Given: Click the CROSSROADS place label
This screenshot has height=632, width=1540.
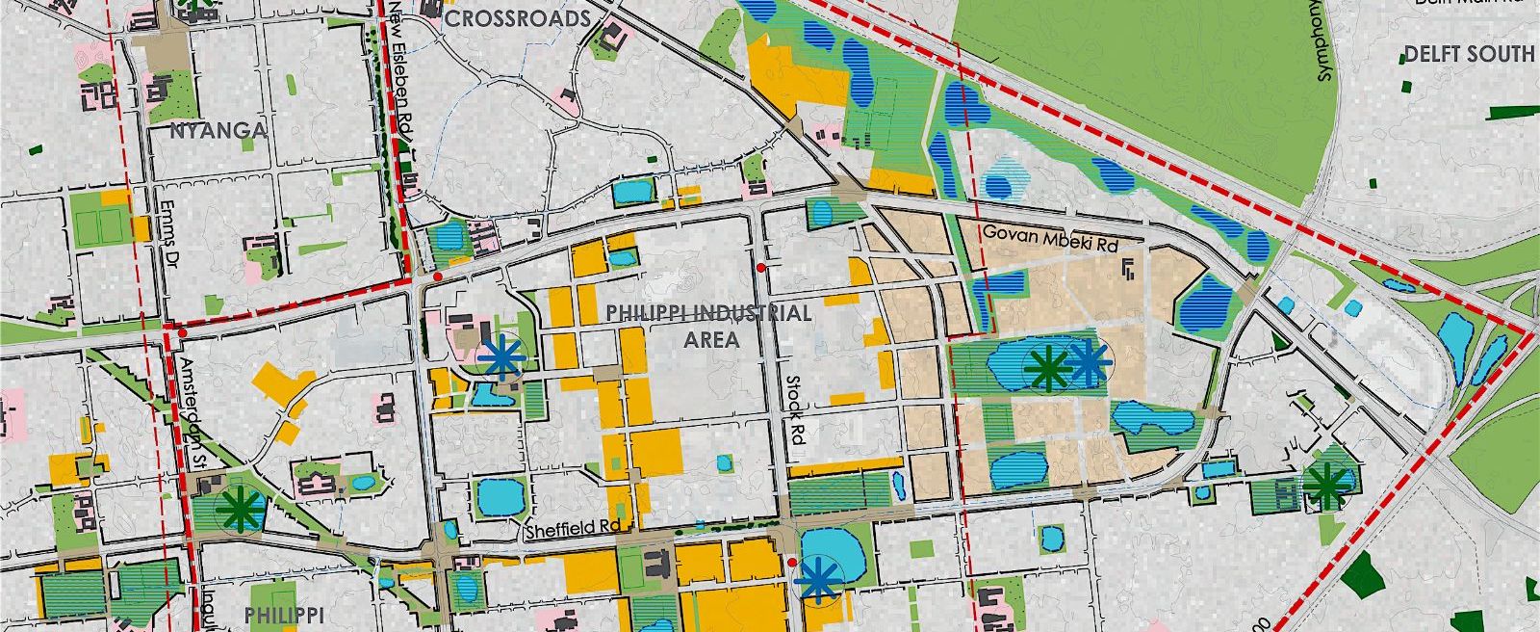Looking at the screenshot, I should click(x=517, y=18).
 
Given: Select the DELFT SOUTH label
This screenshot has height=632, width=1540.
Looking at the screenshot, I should click(x=1468, y=54).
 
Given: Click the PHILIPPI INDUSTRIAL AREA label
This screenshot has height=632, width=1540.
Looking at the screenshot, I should click(x=707, y=326).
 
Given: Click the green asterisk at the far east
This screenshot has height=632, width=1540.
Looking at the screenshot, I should click(x=1325, y=486).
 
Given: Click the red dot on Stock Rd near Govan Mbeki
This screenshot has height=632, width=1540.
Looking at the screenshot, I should click(x=760, y=267).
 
